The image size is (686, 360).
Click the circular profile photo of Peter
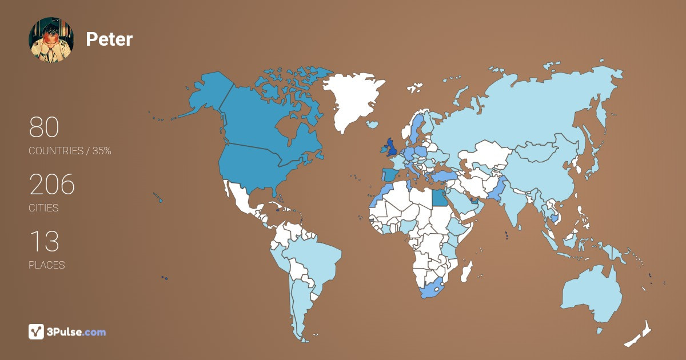point(51,39)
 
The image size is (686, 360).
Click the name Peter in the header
point(109,39)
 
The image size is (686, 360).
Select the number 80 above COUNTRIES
point(44,127)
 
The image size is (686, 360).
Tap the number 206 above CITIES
point(52,185)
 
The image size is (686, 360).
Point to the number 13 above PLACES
point(44,242)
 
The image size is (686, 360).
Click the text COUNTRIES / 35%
point(70,151)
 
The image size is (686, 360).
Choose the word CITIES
point(43,208)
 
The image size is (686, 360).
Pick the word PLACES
point(46,265)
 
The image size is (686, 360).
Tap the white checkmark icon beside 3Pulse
point(37,331)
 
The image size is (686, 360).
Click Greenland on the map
point(352,97)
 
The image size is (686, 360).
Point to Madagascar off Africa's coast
point(468,271)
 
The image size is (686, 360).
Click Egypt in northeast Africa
point(438,198)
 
